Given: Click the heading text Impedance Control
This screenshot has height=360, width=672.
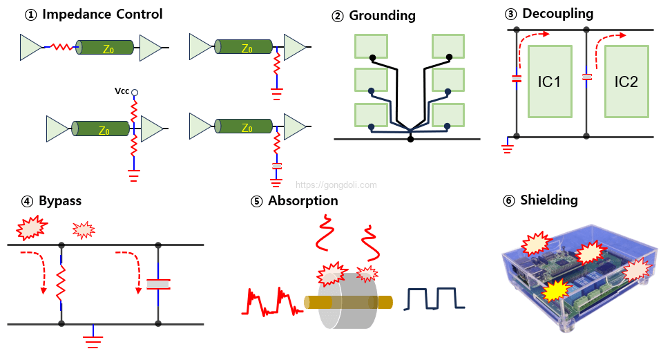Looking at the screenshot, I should pos(103,15).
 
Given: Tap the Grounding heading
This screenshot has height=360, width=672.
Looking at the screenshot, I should pos(382,15).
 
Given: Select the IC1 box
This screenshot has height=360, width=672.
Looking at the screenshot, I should pos(549,82).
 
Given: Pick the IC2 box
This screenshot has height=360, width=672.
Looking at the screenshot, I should pos(626,82).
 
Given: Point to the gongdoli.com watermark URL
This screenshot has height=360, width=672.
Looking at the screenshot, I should pos(336,185).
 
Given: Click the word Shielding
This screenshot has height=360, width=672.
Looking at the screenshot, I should pos(549,200).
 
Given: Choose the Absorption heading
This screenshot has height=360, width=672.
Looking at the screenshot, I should pos(303,201).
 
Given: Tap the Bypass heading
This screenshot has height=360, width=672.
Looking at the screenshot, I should pos(60,201).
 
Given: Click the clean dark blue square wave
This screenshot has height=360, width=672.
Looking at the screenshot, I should pos(435,299).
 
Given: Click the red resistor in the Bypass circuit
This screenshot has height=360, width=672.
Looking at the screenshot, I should pos(61,283).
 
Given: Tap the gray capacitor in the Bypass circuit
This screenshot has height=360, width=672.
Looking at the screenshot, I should pos(159,284).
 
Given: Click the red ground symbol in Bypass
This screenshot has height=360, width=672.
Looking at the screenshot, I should pos(93,338).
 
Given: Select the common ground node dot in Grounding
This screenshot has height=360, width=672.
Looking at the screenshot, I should pos(410,139).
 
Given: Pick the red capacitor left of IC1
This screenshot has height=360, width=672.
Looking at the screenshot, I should pos(516,78).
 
